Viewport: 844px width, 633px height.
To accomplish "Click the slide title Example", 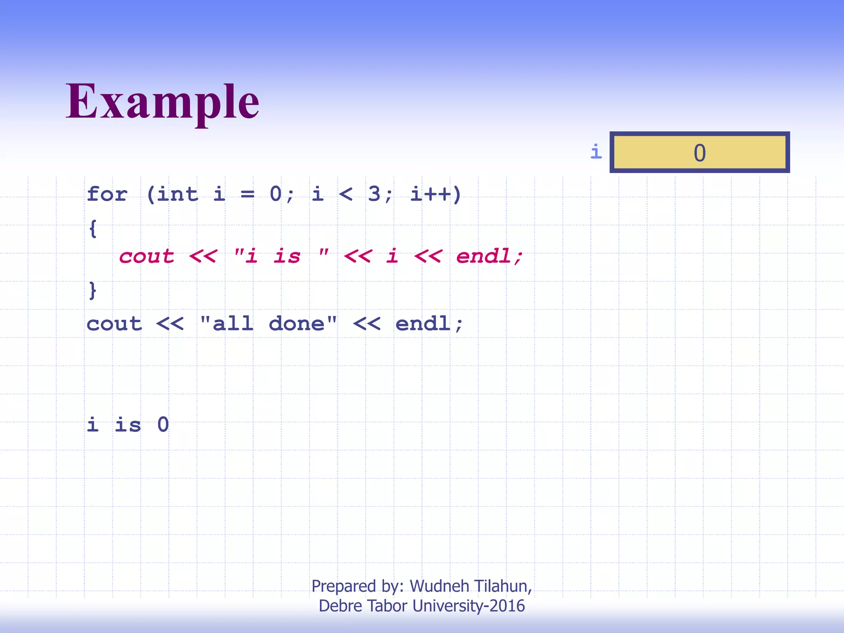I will coord(162,101).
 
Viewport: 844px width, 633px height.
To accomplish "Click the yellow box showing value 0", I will coord(699,152).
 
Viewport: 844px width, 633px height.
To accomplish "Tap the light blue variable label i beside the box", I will coord(596,152).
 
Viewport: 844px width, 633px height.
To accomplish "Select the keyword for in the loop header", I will coord(107,194).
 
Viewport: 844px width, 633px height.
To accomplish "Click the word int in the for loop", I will coord(177,194).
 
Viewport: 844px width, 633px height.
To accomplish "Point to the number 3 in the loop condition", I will coord(374,194).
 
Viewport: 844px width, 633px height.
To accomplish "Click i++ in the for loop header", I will coord(431,194).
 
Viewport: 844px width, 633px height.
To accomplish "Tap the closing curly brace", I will coord(93,290).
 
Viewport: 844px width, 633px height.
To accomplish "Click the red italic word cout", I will coord(147,256).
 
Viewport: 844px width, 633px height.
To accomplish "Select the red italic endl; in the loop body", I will coord(490,256).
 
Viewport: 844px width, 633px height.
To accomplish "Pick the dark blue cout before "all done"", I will coord(114,324).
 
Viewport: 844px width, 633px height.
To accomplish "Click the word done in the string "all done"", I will coord(296,324).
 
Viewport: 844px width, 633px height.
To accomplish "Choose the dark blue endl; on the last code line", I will coord(429,324).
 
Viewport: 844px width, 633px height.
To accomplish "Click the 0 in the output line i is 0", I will coord(163,424).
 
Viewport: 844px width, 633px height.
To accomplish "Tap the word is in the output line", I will coord(128,424).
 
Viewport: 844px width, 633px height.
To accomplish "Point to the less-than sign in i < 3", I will coord(345,194).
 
